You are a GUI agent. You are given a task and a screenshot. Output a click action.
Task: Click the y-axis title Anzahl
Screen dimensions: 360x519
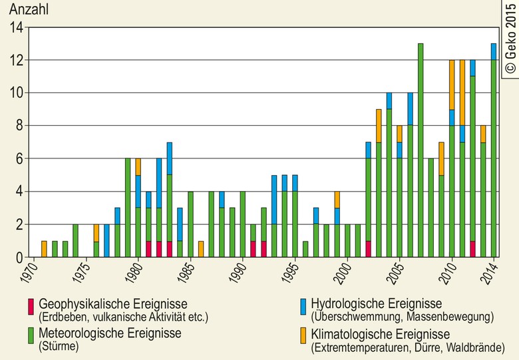coord(28,11)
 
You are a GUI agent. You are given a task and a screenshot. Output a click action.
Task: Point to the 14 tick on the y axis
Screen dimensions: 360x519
coord(17,28)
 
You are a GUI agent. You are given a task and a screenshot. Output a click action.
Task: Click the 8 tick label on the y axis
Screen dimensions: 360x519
coord(19,126)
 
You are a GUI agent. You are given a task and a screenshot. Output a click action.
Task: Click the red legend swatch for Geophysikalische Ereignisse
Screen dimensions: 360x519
coord(30,307)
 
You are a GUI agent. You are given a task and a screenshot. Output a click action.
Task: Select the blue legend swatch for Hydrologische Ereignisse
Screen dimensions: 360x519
coord(303,307)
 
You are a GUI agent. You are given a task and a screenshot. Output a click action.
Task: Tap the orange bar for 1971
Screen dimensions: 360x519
coord(44,249)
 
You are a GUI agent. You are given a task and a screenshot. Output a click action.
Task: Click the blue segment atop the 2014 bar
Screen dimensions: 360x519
coord(494,51)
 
